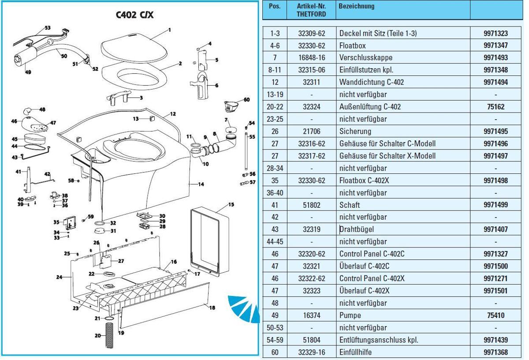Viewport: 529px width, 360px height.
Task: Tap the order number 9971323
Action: tap(495, 33)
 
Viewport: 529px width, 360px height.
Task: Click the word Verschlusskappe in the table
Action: tap(365, 58)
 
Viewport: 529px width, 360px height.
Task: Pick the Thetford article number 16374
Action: tap(311, 315)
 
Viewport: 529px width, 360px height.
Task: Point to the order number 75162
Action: tap(495, 107)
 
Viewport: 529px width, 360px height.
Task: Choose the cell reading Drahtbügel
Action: tap(357, 229)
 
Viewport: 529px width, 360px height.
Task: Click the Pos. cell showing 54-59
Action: tap(275, 340)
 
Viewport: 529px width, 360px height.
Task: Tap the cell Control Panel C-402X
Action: tap(372, 279)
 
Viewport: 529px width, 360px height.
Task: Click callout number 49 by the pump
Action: tap(28, 72)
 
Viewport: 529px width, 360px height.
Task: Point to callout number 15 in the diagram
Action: tap(231, 204)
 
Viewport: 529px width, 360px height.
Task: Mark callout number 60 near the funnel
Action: tap(246, 100)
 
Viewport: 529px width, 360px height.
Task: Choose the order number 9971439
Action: tap(495, 340)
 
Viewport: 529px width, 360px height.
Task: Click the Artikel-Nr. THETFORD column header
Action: tap(311, 10)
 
